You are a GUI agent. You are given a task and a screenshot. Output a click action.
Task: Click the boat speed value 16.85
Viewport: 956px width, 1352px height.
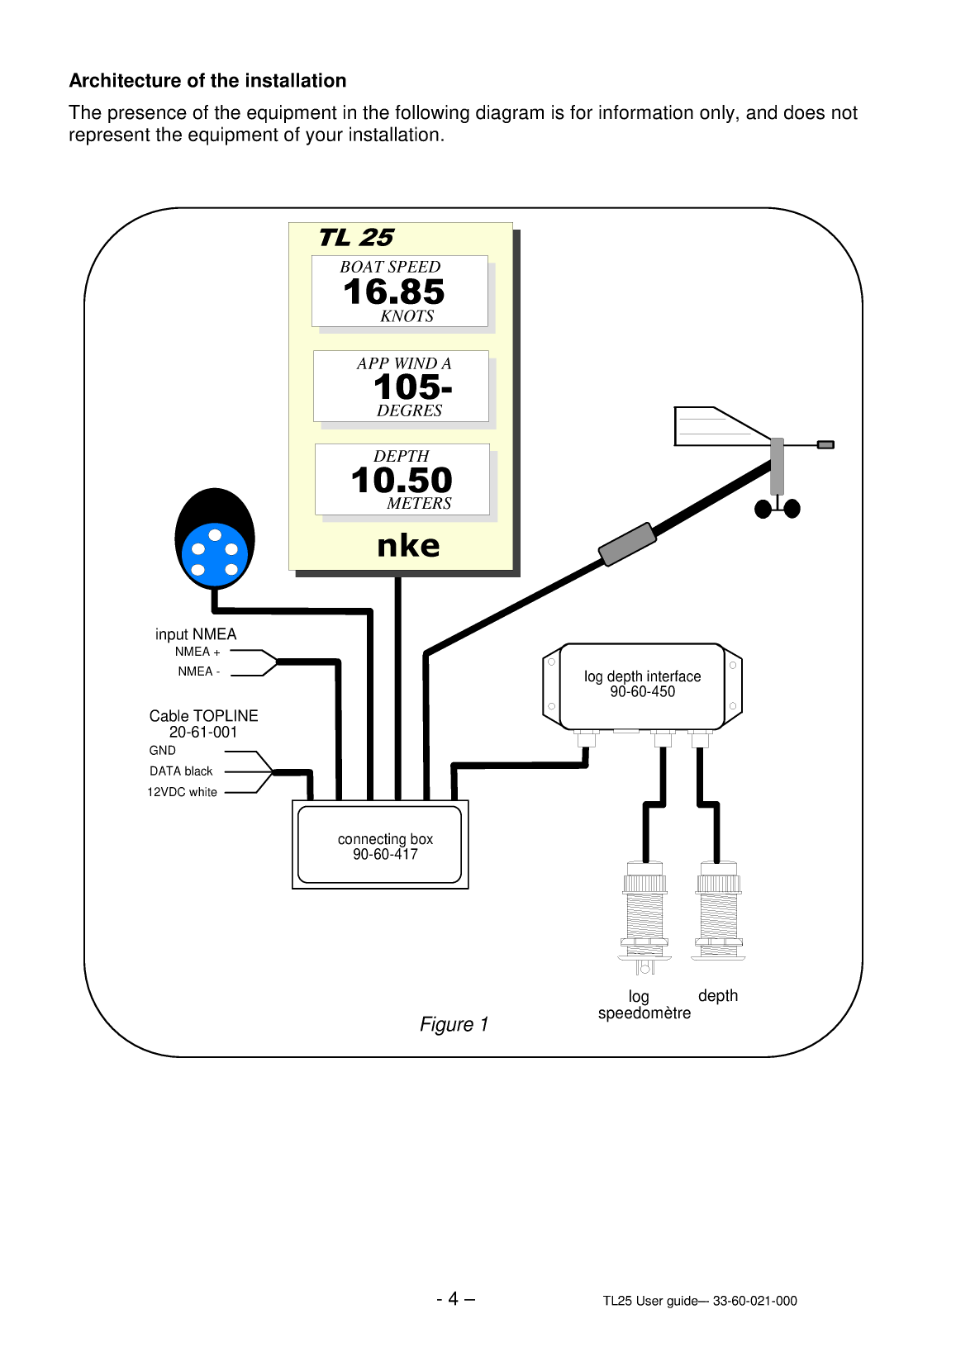(394, 292)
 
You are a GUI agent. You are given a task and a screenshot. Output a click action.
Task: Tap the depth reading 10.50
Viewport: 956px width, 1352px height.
(402, 481)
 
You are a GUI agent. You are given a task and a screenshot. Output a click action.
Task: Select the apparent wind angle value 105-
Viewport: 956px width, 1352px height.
(412, 387)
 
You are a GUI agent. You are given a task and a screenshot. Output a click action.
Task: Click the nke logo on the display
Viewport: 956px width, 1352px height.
(408, 546)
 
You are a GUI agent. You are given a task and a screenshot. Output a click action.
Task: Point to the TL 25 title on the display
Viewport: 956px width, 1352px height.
(356, 238)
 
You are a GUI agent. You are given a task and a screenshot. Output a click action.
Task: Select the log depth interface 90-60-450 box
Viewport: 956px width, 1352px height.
(642, 685)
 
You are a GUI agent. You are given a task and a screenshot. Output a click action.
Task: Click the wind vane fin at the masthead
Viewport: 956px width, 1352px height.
(715, 426)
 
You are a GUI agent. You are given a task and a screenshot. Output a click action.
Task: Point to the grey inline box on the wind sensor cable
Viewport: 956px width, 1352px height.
(627, 544)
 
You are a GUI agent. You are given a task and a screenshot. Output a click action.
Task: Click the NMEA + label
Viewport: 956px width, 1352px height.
(197, 652)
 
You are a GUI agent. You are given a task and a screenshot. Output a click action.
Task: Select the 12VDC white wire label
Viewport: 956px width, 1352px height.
(182, 792)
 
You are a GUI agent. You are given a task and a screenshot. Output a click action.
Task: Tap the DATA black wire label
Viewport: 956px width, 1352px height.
(181, 771)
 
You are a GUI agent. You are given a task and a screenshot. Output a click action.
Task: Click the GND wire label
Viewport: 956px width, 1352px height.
(163, 751)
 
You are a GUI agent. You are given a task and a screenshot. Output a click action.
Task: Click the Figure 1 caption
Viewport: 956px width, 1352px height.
(454, 1024)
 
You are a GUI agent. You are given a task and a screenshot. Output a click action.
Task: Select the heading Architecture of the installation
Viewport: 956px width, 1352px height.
(207, 81)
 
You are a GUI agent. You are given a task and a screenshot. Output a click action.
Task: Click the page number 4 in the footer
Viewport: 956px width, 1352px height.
(454, 1299)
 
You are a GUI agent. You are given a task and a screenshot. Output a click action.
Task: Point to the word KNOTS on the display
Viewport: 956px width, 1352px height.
(407, 316)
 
